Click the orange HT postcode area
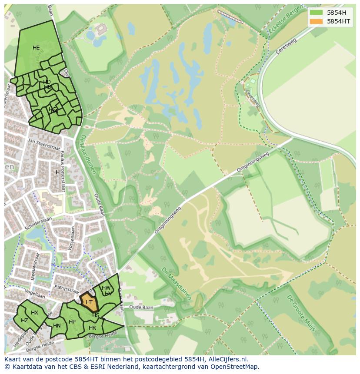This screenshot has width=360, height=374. pos(89,302)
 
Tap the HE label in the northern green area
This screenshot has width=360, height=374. pos(36,48)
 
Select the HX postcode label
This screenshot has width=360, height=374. pos(34,313)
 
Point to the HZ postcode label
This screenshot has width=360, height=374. pos(24,321)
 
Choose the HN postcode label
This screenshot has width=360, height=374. pos(57,326)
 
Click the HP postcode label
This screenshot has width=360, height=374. pos(72,322)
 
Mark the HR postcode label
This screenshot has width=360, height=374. pos(92,328)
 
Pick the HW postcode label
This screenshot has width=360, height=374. pos(106,288)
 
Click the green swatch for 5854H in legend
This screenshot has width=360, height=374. pos(317,13)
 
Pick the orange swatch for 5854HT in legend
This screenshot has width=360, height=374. pos(317,21)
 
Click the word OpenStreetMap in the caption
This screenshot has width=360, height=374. pos(237,367)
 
